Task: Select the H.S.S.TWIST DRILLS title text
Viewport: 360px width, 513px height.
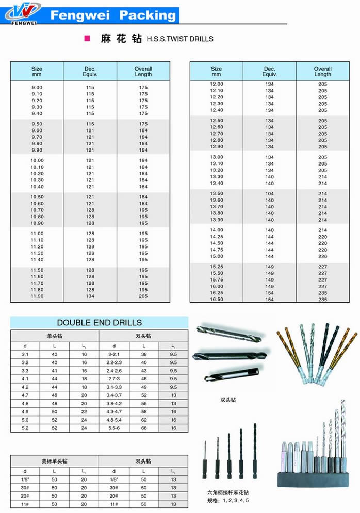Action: click(180, 39)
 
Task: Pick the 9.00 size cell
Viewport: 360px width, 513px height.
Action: click(37, 87)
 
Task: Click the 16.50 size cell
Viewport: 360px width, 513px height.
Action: click(217, 299)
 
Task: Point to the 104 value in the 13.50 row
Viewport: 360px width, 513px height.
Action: click(270, 193)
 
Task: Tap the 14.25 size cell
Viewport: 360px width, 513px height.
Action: click(217, 237)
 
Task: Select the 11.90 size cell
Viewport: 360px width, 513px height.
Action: click(37, 296)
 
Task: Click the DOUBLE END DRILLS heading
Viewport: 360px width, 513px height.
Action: click(99, 323)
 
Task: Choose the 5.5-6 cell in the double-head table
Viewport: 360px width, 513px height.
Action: click(114, 428)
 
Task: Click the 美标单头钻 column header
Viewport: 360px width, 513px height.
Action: click(54, 461)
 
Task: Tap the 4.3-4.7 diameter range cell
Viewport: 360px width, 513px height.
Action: click(114, 411)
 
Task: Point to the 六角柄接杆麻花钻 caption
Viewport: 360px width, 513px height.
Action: click(228, 493)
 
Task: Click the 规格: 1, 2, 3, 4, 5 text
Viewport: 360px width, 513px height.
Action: click(228, 501)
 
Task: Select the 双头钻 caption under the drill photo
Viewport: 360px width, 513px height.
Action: click(228, 400)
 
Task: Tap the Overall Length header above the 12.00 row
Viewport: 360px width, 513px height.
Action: click(322, 72)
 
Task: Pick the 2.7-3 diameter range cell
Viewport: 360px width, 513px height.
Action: click(114, 378)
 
